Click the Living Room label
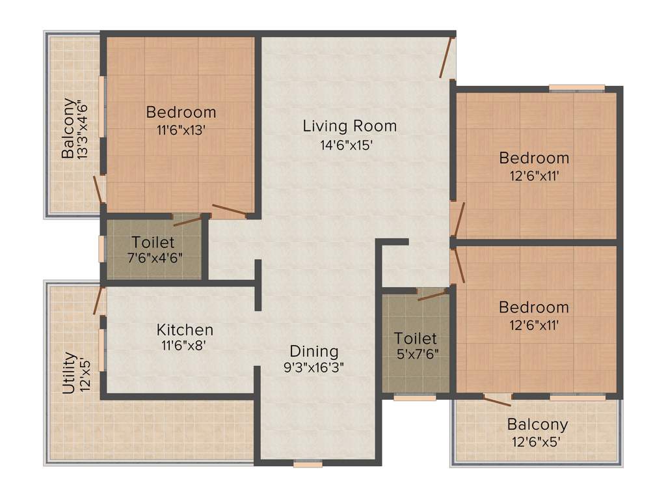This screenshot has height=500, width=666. click(x=349, y=126)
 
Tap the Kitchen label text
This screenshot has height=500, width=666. click(x=185, y=330)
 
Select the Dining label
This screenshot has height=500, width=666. click(x=314, y=352)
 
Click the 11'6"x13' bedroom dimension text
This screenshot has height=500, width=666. click(x=181, y=130)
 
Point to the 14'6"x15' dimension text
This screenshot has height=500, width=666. click(x=337, y=145)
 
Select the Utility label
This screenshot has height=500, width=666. click(x=69, y=374)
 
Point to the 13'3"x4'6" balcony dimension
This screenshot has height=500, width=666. click(x=81, y=129)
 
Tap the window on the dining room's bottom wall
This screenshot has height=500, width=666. click(x=308, y=464)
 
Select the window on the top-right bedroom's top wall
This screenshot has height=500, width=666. click(x=576, y=88)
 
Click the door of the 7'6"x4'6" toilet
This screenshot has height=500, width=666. click(x=187, y=219)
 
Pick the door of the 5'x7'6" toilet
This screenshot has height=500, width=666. click(x=431, y=294)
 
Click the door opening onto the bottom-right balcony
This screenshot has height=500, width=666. click(x=498, y=399)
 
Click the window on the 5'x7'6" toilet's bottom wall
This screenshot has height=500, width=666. click(x=415, y=396)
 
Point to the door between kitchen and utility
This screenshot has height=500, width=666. click(x=100, y=301)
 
